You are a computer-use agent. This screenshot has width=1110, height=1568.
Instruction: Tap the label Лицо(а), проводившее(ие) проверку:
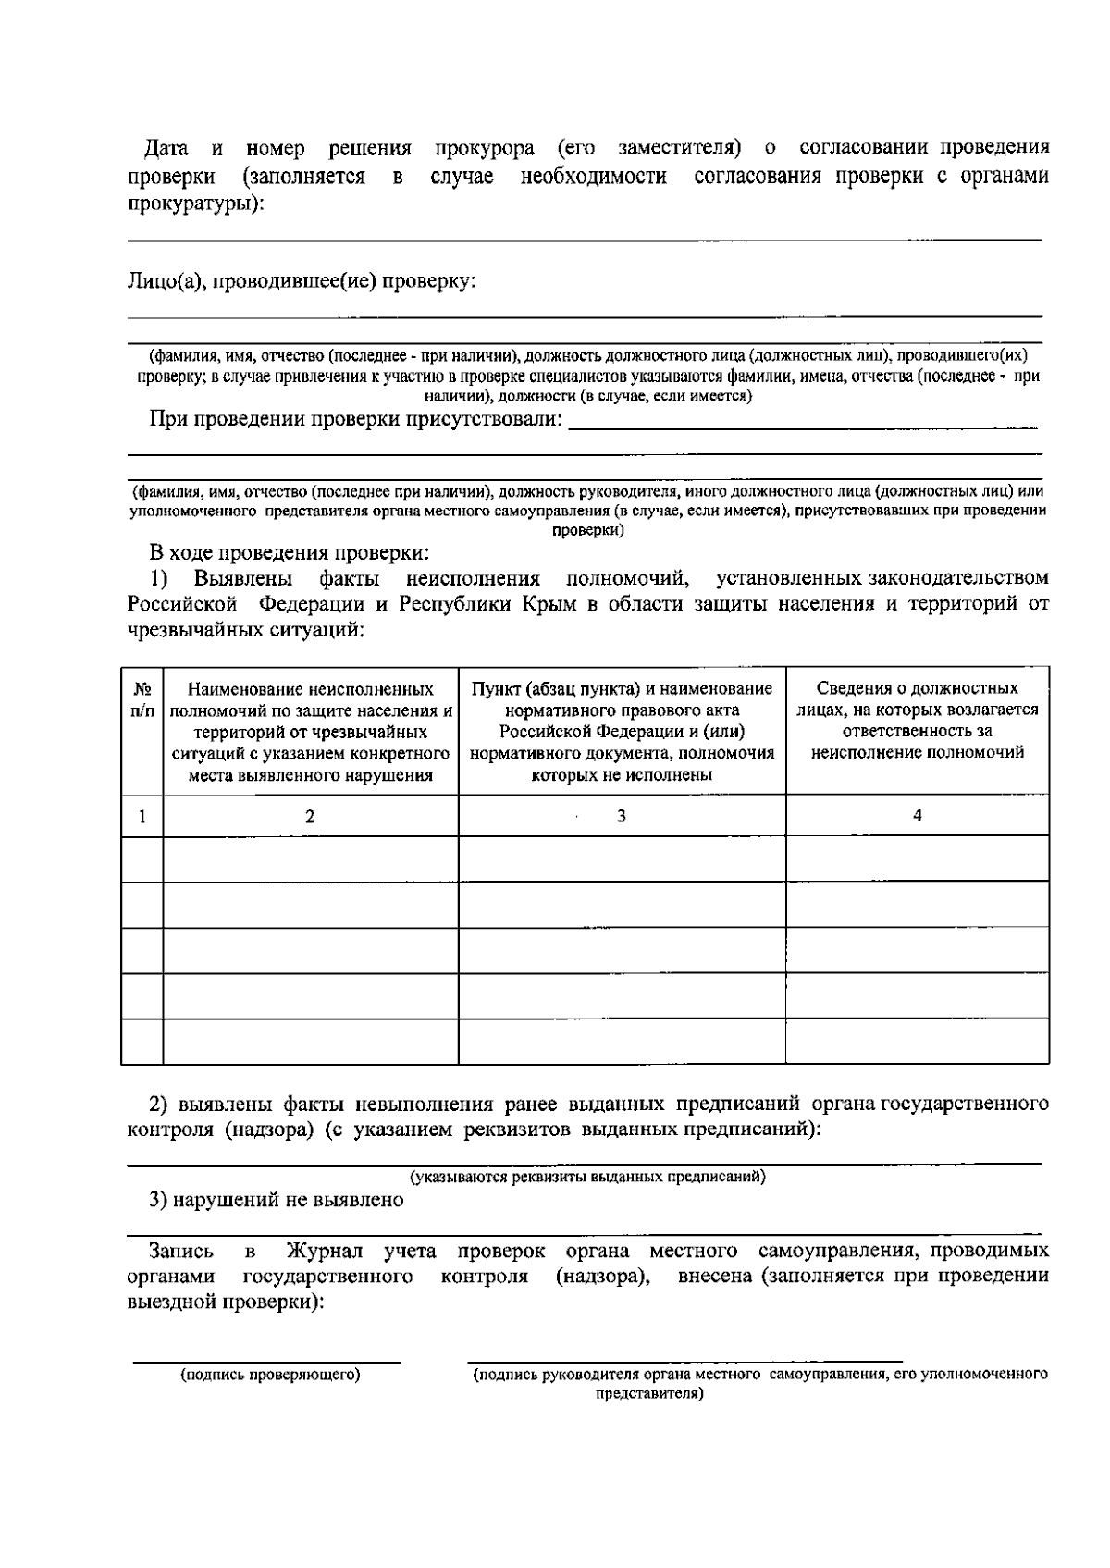pos(302,280)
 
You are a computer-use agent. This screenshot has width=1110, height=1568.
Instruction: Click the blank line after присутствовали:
pos(803,428)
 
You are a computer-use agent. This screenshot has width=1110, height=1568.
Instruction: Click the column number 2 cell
pos(310,816)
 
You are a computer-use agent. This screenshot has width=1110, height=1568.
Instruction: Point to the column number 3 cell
pos(622,816)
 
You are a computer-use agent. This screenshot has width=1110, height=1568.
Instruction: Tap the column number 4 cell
pos(917,815)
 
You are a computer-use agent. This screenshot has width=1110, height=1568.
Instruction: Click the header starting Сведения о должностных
pos(917,721)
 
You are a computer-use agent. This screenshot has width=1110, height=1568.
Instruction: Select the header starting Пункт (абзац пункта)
pos(622,732)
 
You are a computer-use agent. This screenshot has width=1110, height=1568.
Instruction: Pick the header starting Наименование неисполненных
pos(311,732)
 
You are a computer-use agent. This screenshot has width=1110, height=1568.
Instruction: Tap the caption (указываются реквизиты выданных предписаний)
pos(587,1178)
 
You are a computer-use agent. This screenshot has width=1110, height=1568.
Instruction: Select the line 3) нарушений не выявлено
pos(277,1201)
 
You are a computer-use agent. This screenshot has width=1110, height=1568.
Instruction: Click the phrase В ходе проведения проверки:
pos(290,553)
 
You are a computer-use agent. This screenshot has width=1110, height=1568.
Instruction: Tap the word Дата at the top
pos(167,148)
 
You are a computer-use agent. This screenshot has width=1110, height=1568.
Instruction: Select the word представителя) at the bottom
pos(649,1394)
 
